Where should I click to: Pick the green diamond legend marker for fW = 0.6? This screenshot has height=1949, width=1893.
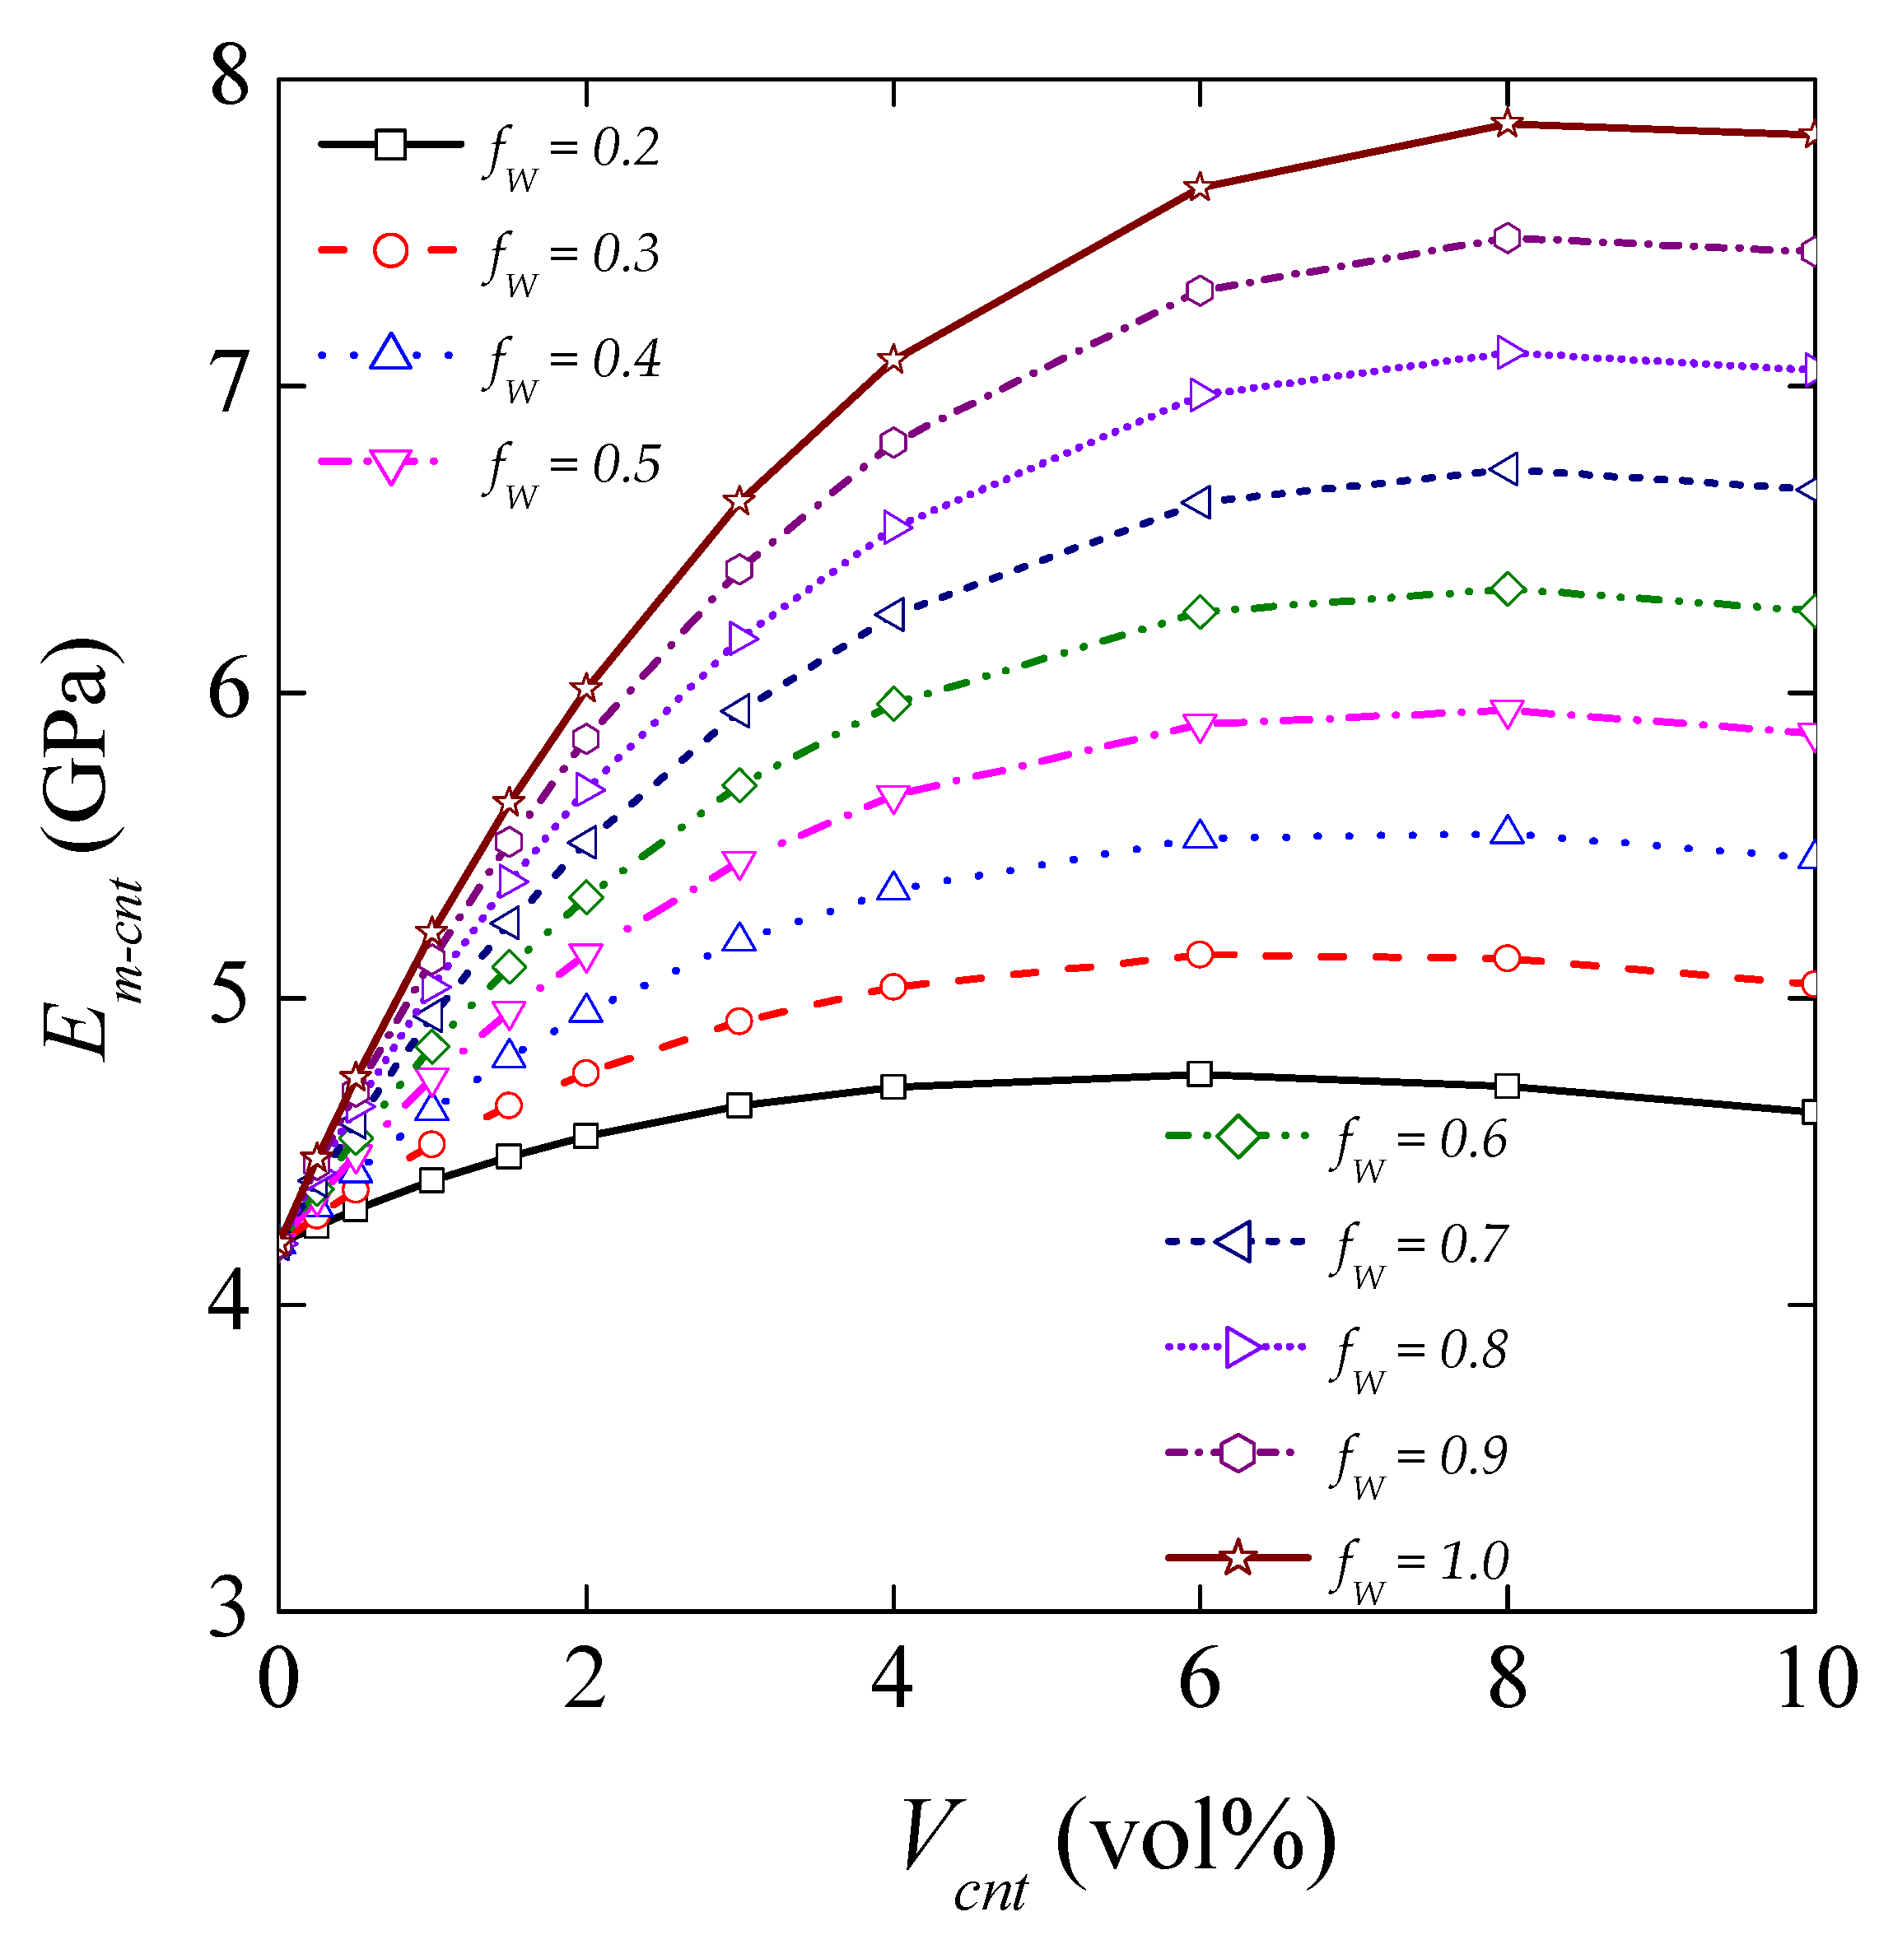[x=1238, y=1137]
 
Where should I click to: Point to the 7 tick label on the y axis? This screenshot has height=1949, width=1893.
[x=231, y=386]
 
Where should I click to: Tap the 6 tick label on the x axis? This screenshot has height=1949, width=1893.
[x=1200, y=1681]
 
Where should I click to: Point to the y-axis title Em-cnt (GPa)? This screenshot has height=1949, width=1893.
[x=85, y=845]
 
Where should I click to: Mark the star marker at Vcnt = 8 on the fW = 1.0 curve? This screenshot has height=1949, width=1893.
[x=1508, y=123]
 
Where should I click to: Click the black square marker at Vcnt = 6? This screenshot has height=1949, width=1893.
[x=1201, y=1074]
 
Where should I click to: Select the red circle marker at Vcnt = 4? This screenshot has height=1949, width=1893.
[x=893, y=986]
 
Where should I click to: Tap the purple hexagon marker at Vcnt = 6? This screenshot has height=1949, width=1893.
[x=1201, y=291]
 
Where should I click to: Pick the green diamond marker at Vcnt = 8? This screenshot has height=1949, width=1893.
[x=1508, y=589]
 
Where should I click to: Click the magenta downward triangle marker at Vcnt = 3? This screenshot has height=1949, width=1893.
[x=738, y=864]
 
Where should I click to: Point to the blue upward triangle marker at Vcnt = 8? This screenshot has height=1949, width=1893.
[x=1508, y=831]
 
